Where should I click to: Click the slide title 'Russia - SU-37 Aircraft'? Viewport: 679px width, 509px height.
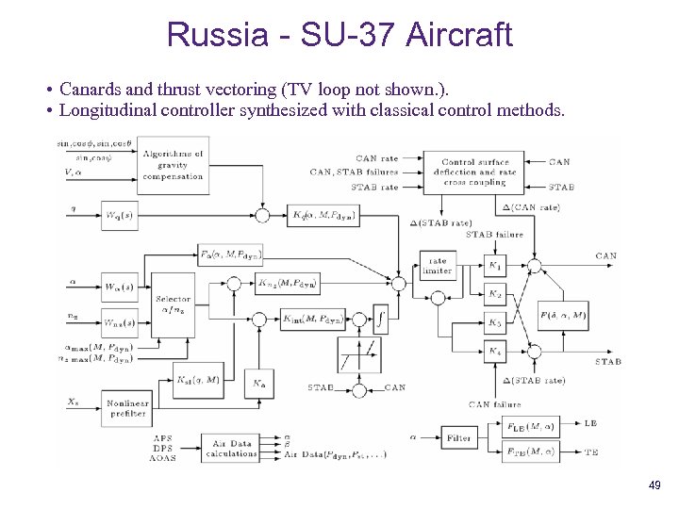point(339,35)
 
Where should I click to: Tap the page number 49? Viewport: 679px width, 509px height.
point(654,484)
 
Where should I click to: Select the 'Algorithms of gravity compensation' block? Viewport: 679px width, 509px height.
point(173,164)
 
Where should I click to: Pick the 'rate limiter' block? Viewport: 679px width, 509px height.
point(438,267)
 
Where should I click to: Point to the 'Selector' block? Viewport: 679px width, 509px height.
point(173,304)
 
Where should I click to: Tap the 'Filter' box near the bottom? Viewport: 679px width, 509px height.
point(459,437)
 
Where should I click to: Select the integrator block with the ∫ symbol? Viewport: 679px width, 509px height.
point(380,319)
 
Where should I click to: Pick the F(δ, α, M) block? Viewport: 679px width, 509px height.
point(562,316)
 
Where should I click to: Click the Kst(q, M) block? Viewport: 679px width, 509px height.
point(198,381)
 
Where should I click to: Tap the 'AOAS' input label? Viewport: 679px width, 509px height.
point(163,457)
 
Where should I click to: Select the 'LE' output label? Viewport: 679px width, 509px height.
point(590,424)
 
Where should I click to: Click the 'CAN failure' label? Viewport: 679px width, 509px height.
point(494,404)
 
